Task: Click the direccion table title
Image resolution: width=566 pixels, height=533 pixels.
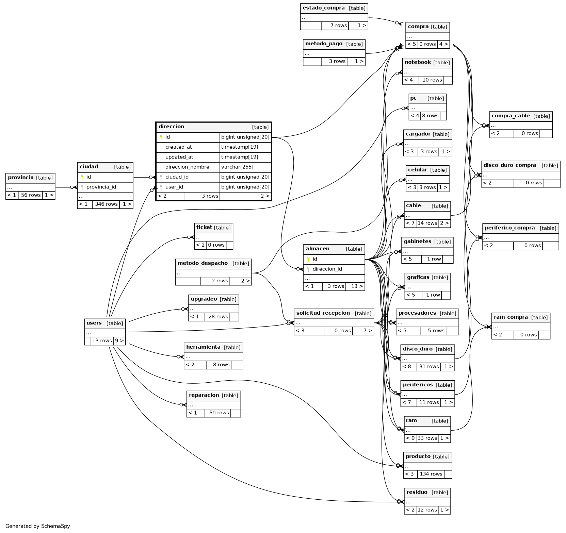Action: tap(172, 127)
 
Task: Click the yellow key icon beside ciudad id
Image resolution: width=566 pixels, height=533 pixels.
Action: tap(82, 177)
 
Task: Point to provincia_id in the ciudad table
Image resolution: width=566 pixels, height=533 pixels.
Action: tap(101, 187)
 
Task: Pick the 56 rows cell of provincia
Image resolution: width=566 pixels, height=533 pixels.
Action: tap(31, 195)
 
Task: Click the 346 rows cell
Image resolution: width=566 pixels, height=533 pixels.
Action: tap(106, 204)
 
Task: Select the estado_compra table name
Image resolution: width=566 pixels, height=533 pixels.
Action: tap(323, 8)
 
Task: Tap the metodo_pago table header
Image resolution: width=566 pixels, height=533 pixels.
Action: tap(324, 44)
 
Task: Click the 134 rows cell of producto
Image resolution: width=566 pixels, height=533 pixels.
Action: tap(431, 474)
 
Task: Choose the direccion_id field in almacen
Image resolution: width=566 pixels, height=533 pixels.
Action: tap(327, 269)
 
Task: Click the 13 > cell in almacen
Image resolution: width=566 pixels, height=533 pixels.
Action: tap(355, 286)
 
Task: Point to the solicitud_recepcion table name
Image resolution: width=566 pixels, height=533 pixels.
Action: tap(323, 313)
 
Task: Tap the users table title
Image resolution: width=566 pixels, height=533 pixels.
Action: tap(94, 323)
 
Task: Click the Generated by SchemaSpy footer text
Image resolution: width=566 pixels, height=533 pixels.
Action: tap(38, 526)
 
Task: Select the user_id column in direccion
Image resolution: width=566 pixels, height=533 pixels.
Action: tap(174, 187)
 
